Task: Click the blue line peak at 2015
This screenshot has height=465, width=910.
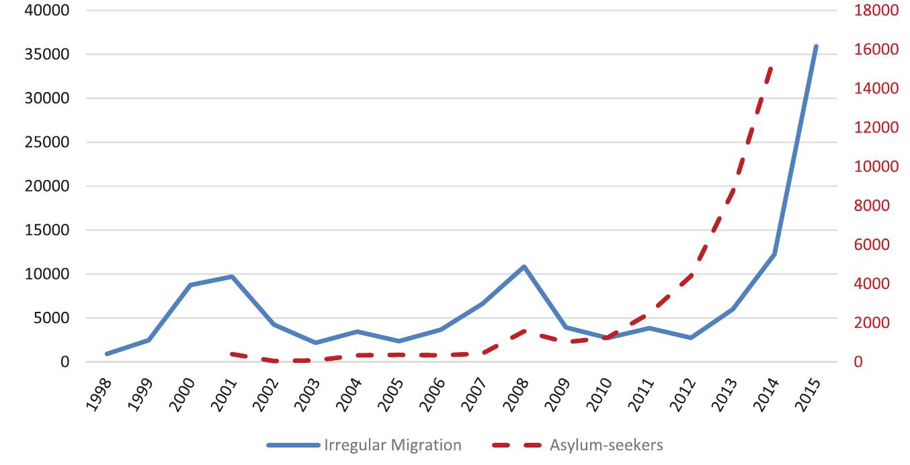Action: tap(816, 46)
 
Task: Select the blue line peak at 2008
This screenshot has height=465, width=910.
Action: tap(524, 267)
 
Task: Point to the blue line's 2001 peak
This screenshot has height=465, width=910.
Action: tap(231, 276)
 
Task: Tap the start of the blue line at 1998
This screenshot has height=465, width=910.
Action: tap(107, 353)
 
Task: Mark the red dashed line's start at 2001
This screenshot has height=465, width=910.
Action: tap(231, 353)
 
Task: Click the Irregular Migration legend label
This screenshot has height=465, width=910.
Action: tap(392, 445)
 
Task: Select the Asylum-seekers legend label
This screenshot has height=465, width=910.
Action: tap(607, 445)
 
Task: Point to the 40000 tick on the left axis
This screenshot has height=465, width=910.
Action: tap(48, 11)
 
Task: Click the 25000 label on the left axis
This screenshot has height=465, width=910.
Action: tap(48, 142)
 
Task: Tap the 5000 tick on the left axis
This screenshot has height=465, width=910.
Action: tap(52, 318)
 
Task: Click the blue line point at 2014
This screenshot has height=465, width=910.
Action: tap(774, 254)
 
